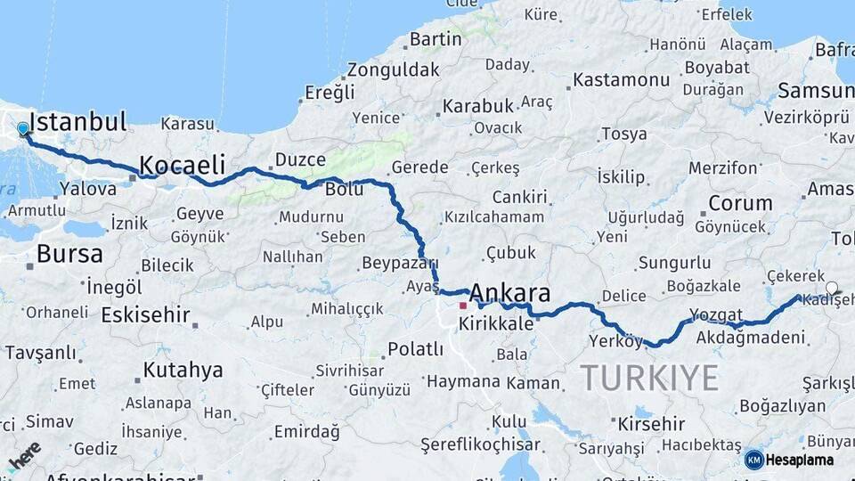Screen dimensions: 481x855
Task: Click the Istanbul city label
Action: pos(77,121)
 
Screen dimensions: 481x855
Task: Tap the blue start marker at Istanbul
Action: pos(23,129)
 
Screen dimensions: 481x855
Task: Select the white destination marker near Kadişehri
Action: pos(832,288)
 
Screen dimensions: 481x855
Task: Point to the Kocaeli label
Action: pos(182,165)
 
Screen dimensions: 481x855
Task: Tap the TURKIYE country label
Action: pos(649,378)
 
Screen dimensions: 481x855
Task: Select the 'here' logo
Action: pos(24,455)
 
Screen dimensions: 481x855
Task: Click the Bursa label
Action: pos(69,254)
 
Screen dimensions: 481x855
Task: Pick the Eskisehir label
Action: pos(145,314)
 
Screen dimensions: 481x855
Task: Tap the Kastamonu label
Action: pos(621,79)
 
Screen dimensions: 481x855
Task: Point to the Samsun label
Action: pos(814,90)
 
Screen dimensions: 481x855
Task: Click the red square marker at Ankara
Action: pos(463,306)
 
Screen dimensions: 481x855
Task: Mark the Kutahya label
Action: pos(183,370)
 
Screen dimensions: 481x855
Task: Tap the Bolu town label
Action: pos(344,191)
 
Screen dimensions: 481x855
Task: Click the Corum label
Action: pos(739,203)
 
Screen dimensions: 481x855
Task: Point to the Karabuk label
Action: pos(477,106)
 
